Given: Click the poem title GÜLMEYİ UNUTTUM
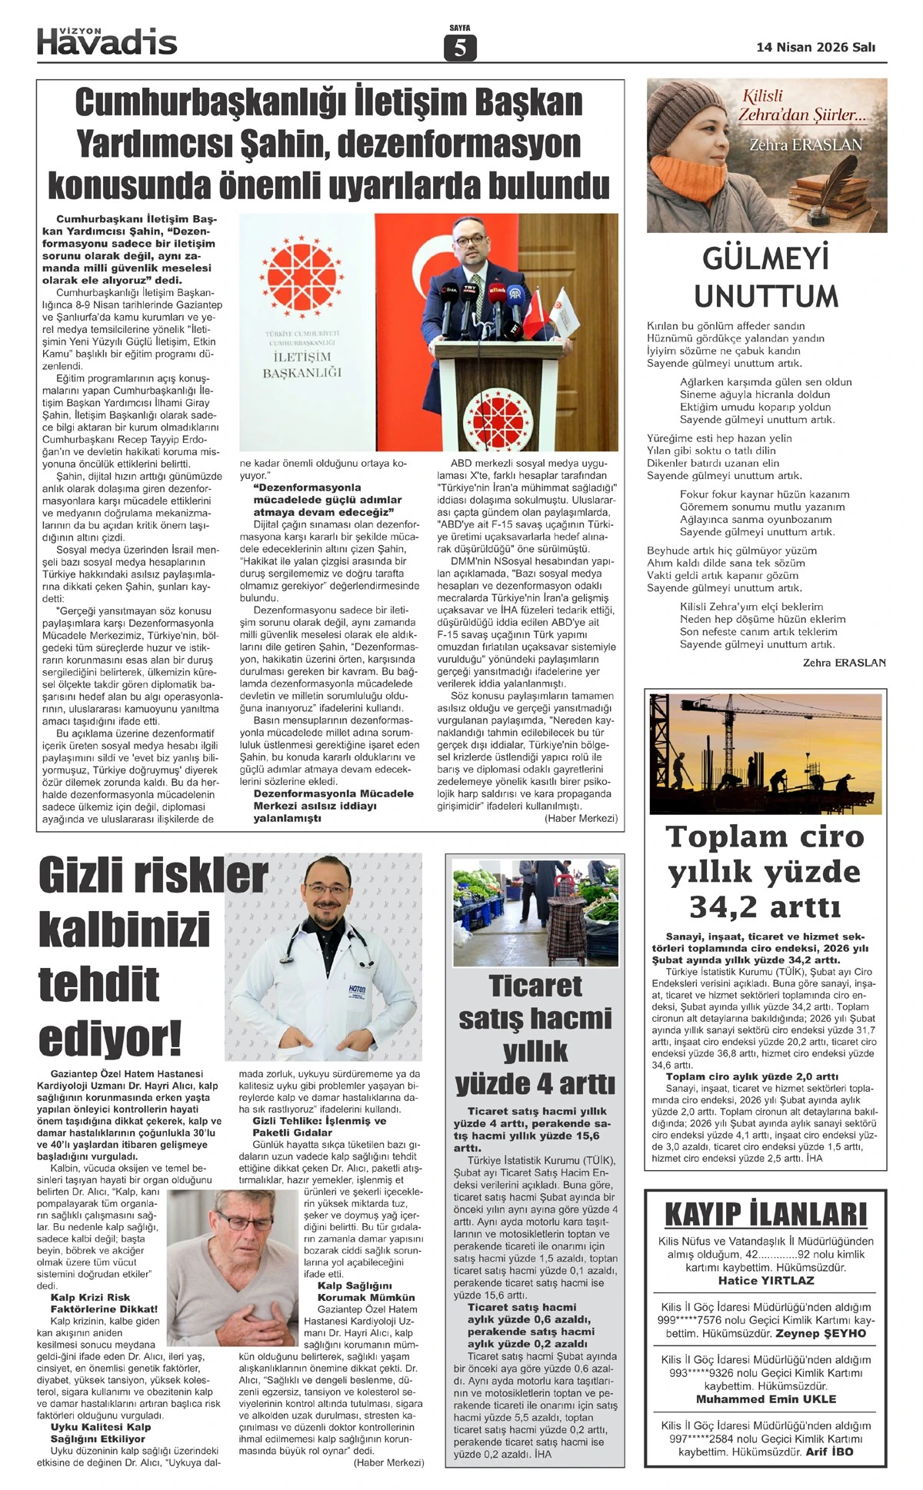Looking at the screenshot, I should [765, 277].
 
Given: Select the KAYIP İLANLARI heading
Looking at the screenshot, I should [765, 1215].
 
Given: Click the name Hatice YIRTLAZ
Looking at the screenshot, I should [765, 1280].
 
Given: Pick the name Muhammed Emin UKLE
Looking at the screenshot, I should [765, 1399].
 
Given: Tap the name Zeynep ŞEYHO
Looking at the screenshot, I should [821, 1333].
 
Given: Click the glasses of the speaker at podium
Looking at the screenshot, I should [470, 239].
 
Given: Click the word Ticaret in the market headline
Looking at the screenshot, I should [535, 986].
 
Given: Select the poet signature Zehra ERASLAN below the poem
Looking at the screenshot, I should [844, 662].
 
